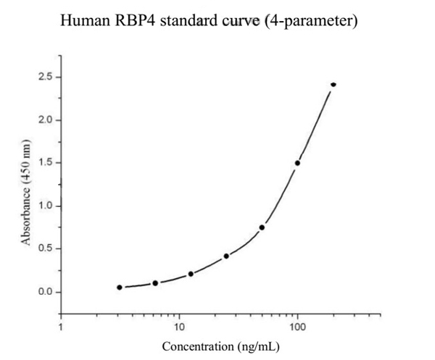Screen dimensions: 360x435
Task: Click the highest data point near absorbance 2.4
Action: [x=333, y=84]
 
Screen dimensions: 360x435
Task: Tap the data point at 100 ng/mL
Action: [x=297, y=163]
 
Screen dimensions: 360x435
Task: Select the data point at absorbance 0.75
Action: [x=262, y=227]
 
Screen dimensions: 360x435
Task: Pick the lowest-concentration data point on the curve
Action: [x=120, y=288]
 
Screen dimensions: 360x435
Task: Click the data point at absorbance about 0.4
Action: [x=226, y=256]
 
